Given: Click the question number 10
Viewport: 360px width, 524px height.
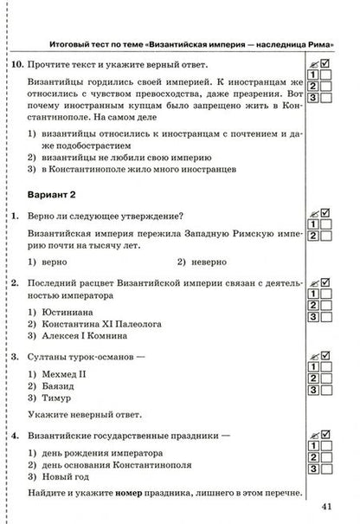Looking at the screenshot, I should tap(14, 65).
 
